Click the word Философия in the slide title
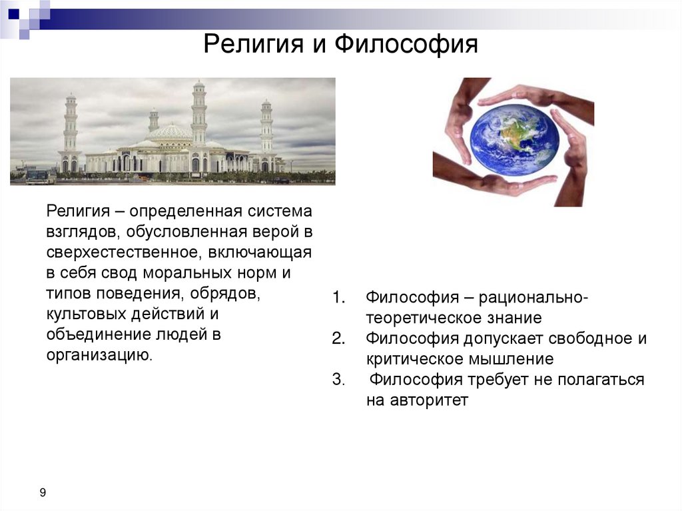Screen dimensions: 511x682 (x=406, y=46)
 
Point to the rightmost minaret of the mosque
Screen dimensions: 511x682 (x=266, y=130)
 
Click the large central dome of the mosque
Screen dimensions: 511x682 (x=169, y=132)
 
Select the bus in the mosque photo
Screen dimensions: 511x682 (x=41, y=177)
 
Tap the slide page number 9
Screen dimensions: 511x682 (x=43, y=493)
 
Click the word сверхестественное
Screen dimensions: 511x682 (x=123, y=253)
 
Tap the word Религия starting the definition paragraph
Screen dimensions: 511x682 (x=77, y=211)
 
